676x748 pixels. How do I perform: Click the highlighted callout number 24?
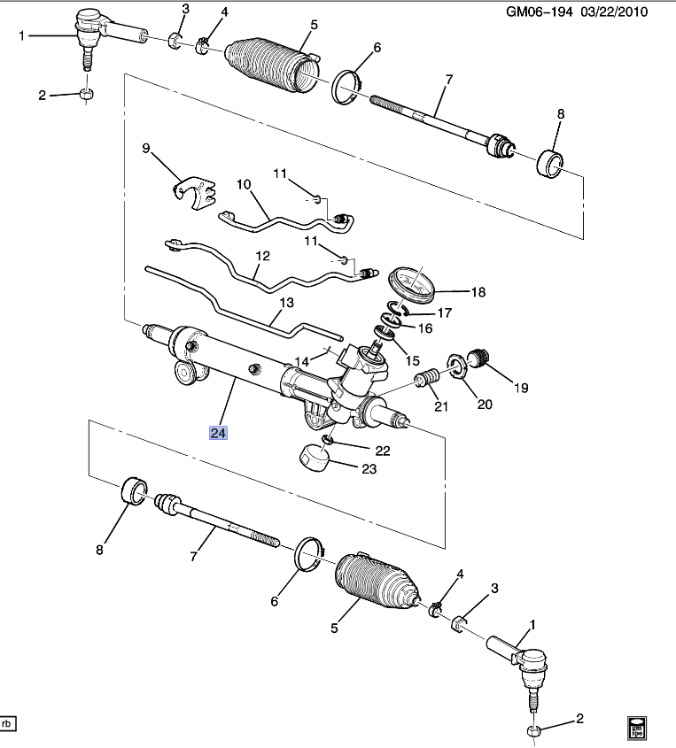[x=218, y=433]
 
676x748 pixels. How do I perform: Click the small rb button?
[x=9, y=723]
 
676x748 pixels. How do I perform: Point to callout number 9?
[x=146, y=149]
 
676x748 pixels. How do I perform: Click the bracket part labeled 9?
[x=194, y=194]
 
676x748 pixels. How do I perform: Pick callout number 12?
[x=262, y=256]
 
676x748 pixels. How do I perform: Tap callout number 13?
[x=285, y=303]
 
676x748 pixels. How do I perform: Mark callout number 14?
[x=302, y=361]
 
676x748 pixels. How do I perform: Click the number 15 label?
[x=414, y=360]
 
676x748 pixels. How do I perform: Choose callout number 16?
[x=425, y=328]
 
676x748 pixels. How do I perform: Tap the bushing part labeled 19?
[x=480, y=357]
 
